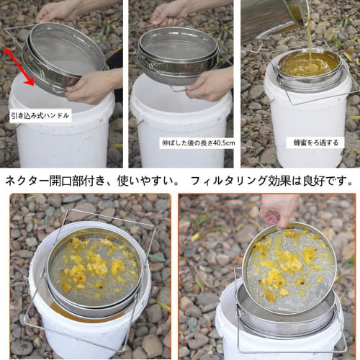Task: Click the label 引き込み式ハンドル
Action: (40, 115)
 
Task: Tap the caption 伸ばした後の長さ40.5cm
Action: (197, 143)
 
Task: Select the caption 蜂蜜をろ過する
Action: (316, 143)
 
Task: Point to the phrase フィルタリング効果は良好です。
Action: (274, 180)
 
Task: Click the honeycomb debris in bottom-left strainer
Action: (94, 270)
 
